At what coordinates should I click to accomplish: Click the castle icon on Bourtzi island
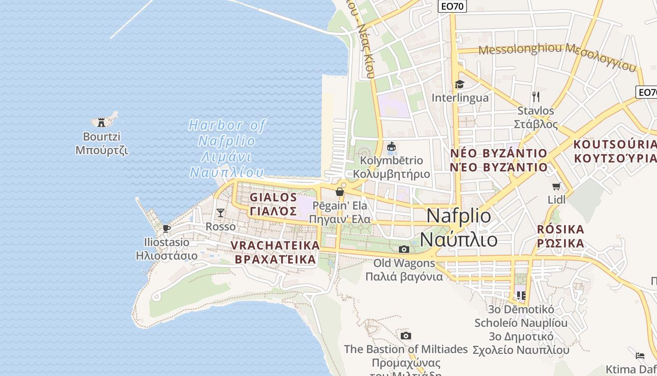(x=101, y=122)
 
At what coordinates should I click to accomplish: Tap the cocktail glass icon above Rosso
(x=220, y=213)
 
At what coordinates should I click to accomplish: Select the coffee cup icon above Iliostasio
(x=166, y=228)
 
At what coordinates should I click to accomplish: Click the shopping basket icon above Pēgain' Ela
(x=340, y=192)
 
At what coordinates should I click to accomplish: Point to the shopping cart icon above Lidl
(x=557, y=186)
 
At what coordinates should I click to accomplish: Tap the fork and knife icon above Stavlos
(x=536, y=97)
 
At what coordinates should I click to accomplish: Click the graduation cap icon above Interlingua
(x=459, y=85)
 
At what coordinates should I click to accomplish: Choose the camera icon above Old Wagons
(x=404, y=249)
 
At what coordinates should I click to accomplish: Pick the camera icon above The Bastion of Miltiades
(x=406, y=336)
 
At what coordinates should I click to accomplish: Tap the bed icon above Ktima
(x=640, y=355)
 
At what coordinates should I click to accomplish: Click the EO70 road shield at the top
(x=453, y=6)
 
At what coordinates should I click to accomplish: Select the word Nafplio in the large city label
(x=459, y=216)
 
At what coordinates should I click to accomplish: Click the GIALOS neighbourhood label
(x=274, y=197)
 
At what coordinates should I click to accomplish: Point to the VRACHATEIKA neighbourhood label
(x=275, y=245)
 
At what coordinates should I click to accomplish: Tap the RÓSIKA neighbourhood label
(x=561, y=230)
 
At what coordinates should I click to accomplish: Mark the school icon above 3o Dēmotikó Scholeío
(x=521, y=296)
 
